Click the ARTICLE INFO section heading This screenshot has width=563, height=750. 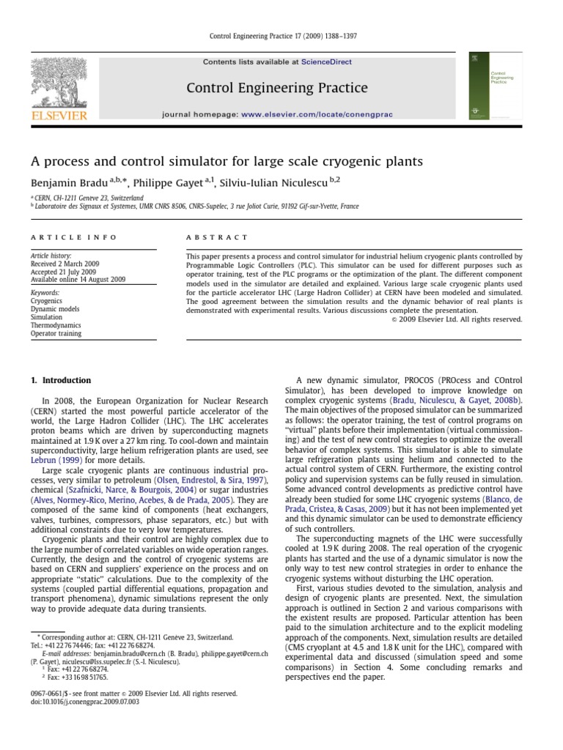coord(60,237)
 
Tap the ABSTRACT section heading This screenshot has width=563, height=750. coord(217,237)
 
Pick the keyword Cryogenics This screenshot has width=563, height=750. coord(46,300)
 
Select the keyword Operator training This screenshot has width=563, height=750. coord(56,333)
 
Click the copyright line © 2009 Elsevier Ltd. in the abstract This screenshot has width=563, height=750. coord(456,319)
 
